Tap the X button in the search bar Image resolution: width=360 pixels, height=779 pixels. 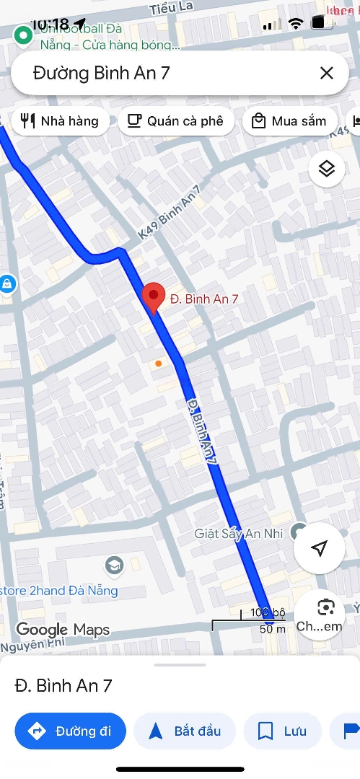point(326,73)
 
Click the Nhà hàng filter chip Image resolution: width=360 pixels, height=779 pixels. point(60,121)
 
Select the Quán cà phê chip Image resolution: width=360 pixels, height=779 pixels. point(175,121)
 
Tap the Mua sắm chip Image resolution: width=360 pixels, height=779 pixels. point(289,121)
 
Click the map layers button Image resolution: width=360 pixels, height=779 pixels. point(326,169)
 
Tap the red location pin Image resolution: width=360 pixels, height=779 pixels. point(152,298)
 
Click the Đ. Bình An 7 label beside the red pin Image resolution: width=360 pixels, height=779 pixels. point(204,298)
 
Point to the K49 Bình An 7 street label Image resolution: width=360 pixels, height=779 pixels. point(169,214)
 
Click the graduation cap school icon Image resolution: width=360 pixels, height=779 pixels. point(114,564)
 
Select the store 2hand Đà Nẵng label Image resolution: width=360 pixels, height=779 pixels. point(59,591)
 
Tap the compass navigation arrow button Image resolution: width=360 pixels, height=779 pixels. point(319,549)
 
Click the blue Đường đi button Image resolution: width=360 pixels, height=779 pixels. point(70,731)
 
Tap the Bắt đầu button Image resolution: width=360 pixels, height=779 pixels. point(185,731)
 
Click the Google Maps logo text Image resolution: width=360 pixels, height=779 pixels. point(63,630)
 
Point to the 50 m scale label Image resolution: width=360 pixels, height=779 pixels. point(273,629)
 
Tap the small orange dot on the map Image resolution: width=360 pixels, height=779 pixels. point(158,364)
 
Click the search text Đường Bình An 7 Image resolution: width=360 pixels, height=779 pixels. point(101,73)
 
